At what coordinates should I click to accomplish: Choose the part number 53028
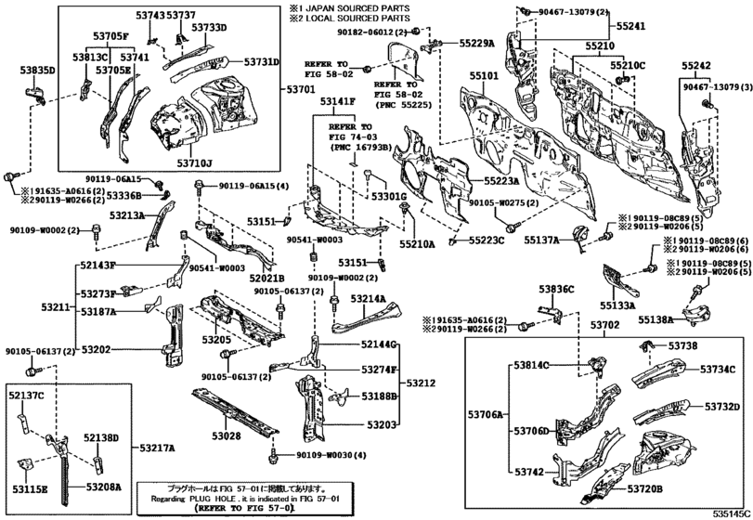[225, 435]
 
